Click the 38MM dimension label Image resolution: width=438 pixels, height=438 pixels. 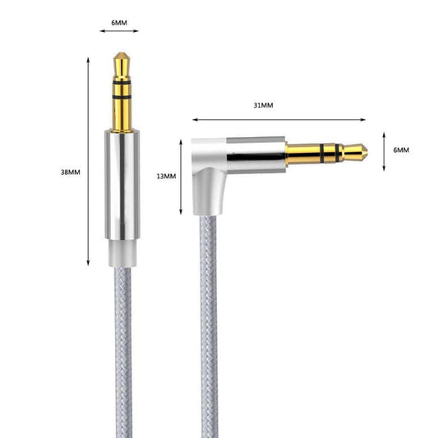click(x=71, y=172)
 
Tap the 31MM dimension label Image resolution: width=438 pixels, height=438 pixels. click(x=263, y=105)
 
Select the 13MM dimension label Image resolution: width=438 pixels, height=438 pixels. click(x=166, y=176)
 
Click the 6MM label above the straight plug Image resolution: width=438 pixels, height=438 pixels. click(x=119, y=23)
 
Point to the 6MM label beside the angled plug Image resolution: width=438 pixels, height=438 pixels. click(x=401, y=150)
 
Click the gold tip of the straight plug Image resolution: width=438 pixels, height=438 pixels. click(x=122, y=66)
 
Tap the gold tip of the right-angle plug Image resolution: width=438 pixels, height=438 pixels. click(x=355, y=153)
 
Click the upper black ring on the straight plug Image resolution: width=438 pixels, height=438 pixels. click(x=122, y=82)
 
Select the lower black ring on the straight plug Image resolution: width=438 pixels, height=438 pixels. click(x=122, y=97)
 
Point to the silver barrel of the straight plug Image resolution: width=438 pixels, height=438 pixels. click(x=122, y=185)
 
